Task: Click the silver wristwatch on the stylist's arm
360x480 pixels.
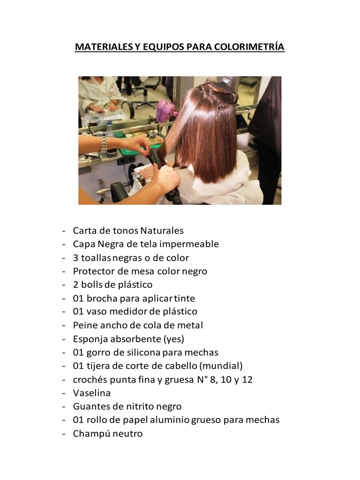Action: coord(104,143)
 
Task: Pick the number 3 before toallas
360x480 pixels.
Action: coord(75,258)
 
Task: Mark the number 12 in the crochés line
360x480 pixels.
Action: coord(247,380)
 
